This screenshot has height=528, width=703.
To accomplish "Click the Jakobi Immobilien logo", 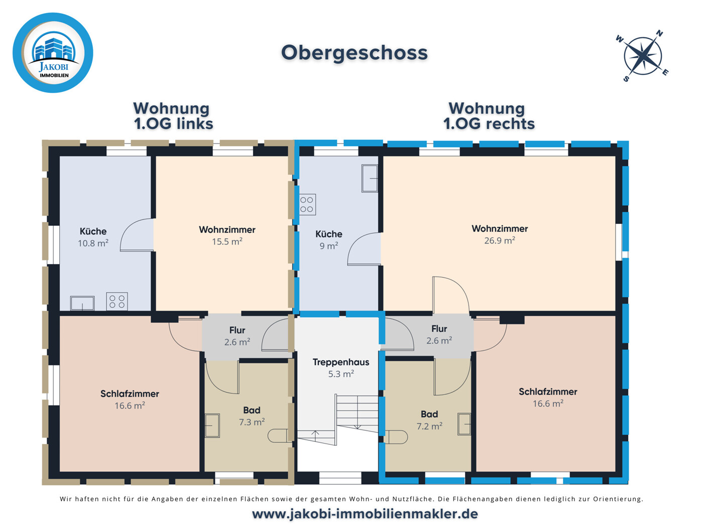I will pyautogui.click(x=53, y=53).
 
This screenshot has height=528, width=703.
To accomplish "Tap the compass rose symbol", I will pyautogui.click(x=643, y=55).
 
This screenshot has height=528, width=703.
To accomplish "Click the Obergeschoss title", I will pyautogui.click(x=354, y=53).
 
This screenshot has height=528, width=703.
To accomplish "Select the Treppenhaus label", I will pyautogui.click(x=340, y=362).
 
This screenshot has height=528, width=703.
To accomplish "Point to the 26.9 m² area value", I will pyautogui.click(x=499, y=240).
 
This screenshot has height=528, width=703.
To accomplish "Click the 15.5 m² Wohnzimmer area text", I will pyautogui.click(x=227, y=241).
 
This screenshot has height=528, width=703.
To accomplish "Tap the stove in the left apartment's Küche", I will pyautogui.click(x=116, y=302).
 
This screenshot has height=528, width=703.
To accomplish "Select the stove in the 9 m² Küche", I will pyautogui.click(x=307, y=205).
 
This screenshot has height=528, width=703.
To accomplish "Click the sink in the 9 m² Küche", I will pyautogui.click(x=370, y=178).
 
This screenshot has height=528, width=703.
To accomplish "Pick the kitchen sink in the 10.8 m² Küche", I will pyautogui.click(x=82, y=303).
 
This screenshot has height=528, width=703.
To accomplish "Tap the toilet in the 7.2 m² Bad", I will pyautogui.click(x=397, y=437).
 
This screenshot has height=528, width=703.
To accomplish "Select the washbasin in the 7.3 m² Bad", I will pyautogui.click(x=212, y=425).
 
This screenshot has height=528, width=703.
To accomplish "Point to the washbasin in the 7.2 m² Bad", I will pyautogui.click(x=464, y=424).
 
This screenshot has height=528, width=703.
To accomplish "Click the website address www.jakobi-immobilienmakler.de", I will pyautogui.click(x=365, y=514).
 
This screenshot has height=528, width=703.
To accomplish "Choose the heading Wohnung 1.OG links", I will pyautogui.click(x=173, y=116).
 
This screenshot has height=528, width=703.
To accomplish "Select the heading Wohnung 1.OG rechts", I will pyautogui.click(x=489, y=116).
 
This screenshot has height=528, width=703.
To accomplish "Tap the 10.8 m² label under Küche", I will pyautogui.click(x=93, y=243).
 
